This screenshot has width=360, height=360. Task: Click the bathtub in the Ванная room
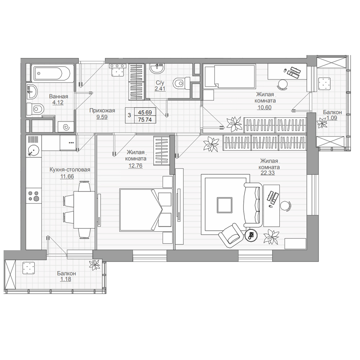[x=53, y=73]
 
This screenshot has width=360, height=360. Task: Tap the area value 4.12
[x=58, y=102]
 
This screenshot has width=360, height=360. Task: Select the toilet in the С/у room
[x=182, y=83]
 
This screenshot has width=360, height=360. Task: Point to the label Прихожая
[x=102, y=111]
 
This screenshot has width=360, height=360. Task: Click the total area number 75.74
[x=145, y=120]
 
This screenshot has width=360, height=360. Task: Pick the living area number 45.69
[x=145, y=112]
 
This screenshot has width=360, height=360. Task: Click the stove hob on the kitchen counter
[x=34, y=195]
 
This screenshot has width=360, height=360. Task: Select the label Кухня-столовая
[x=70, y=170]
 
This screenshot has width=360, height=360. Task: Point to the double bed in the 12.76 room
[x=146, y=210]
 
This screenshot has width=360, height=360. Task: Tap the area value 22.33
[x=268, y=173]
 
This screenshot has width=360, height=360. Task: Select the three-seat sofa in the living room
[x=253, y=205]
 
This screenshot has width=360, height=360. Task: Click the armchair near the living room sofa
[x=231, y=236]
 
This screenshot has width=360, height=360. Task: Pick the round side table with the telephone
[x=251, y=235]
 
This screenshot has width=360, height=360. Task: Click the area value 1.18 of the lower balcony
[x=66, y=279]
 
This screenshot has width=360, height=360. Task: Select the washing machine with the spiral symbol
[x=66, y=126]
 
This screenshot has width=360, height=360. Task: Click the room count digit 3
[x=129, y=115]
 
